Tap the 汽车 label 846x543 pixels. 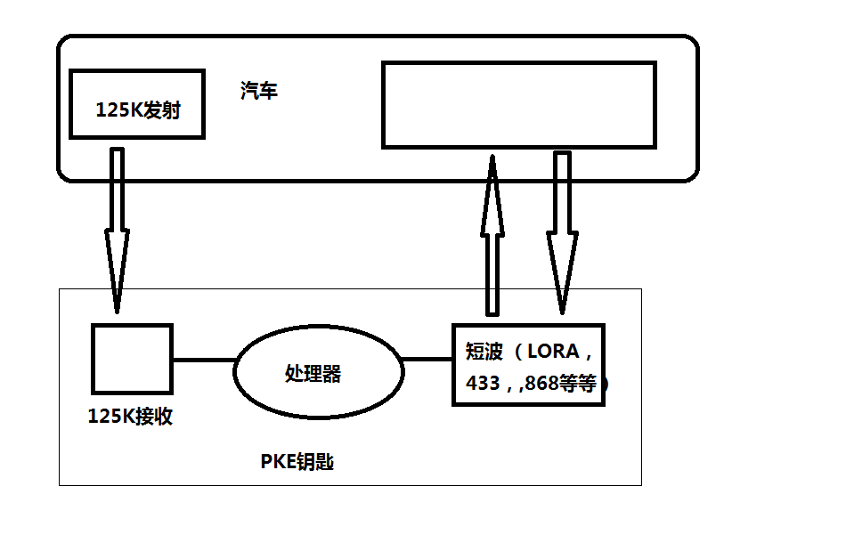[x=258, y=91]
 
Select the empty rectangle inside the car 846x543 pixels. [x=518, y=104]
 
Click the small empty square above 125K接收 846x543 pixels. [x=132, y=359]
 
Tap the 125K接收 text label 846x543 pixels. [x=130, y=417]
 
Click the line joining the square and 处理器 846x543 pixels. [x=203, y=361]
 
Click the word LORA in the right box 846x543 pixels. [x=553, y=351]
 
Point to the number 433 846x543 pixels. [x=482, y=385]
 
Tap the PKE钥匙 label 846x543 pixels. [x=297, y=462]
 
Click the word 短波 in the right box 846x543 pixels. [x=484, y=351]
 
